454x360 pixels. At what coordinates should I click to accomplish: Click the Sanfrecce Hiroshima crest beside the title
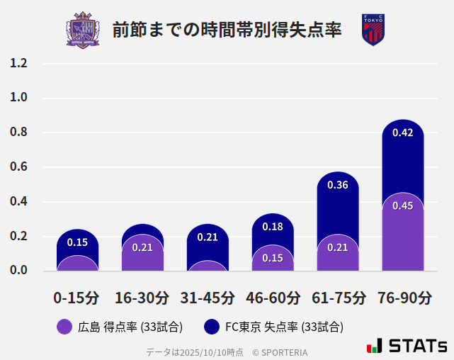[x=83, y=30]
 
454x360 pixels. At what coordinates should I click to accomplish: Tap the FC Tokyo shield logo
[x=373, y=30]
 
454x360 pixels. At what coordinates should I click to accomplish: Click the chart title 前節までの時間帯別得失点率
[x=227, y=30]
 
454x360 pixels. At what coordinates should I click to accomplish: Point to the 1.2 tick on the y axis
[x=18, y=64]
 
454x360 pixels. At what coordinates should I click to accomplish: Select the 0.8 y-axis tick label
[x=18, y=133]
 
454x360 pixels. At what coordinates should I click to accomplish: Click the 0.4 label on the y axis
[x=18, y=202]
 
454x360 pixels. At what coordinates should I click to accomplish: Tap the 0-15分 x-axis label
[x=77, y=298]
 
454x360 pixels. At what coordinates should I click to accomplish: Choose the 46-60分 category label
[x=273, y=298]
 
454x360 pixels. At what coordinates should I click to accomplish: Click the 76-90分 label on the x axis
[x=404, y=298]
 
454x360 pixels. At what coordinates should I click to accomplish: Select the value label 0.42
[x=402, y=133]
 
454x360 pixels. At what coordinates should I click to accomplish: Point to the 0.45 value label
[x=402, y=206]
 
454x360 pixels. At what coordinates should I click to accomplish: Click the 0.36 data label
[x=338, y=185]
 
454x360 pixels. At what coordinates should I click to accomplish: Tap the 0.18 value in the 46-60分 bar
[x=273, y=227]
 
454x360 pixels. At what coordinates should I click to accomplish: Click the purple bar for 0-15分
[x=77, y=264]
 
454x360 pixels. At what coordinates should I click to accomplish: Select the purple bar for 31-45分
[x=208, y=266]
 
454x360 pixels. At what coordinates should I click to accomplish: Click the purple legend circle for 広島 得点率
[x=64, y=327]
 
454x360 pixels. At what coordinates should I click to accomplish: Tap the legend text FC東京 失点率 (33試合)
[x=284, y=327]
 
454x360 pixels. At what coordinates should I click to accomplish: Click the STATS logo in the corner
[x=407, y=347]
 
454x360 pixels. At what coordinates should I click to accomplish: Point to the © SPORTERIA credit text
[x=280, y=351]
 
